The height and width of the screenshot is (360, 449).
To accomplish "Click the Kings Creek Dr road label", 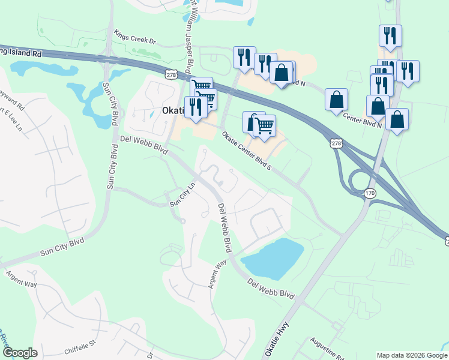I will pyautogui.click(x=135, y=38).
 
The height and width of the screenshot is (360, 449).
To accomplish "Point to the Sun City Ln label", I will pyautogui.click(x=183, y=194).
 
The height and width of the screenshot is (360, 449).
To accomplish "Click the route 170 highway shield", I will pyautogui.click(x=370, y=193).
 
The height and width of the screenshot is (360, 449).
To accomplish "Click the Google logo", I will pyautogui.click(x=20, y=353).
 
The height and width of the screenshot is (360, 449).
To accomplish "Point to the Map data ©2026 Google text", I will pyautogui.click(x=412, y=355).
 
